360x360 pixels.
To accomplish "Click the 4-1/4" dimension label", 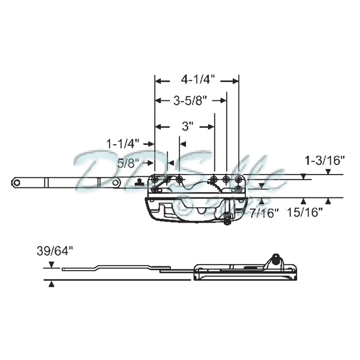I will pos(197,79).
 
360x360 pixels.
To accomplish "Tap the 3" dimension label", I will pos(187,127).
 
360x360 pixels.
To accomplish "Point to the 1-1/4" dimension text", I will pos(123,143).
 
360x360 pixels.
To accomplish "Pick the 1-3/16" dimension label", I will pos(326,160).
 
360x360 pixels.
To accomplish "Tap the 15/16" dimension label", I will pos(305,212).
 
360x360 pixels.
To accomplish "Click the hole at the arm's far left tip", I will pos(17,182).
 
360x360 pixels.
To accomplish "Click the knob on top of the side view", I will pos(275,259).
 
